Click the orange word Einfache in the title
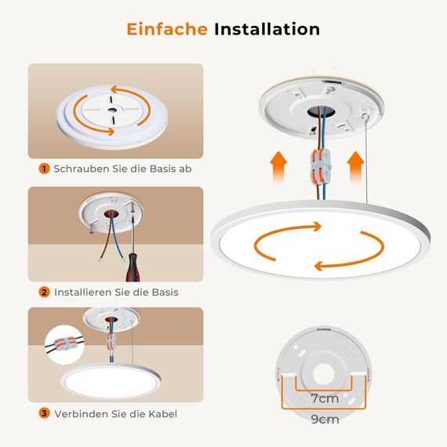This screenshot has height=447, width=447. tap(167, 30)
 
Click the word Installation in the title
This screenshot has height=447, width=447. tap(267, 30)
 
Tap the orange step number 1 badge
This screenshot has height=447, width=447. tap(44, 169)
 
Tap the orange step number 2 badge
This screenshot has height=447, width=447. tap(44, 292)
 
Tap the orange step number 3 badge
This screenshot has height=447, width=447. tap(44, 413)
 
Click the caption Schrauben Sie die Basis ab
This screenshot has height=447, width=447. tap(122, 169)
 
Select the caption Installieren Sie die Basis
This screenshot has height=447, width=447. tap(115, 292)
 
